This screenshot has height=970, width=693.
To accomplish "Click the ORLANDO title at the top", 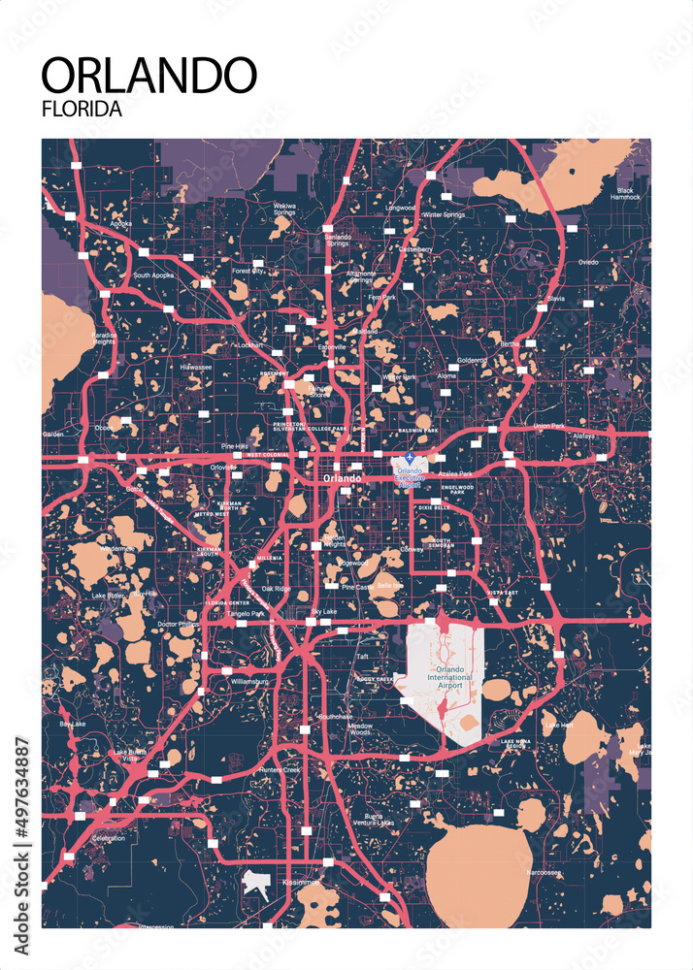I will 148,76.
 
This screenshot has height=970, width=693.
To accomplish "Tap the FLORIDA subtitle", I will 82,110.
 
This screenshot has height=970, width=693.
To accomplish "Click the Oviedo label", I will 589,262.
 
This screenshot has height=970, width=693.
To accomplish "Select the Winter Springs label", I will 444,214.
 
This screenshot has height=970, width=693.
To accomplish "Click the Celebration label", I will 108,838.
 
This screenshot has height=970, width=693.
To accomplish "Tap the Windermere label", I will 116,548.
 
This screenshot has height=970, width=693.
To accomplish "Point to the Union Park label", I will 548,427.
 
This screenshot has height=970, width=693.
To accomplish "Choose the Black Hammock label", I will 626,193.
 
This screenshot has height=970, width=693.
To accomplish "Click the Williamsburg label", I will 249,682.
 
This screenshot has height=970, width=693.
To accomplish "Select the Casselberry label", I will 415,249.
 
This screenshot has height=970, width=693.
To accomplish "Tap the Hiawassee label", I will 196,368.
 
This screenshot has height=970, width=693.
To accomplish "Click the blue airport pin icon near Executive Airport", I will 411,456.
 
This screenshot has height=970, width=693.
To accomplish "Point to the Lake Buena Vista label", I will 129,756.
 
